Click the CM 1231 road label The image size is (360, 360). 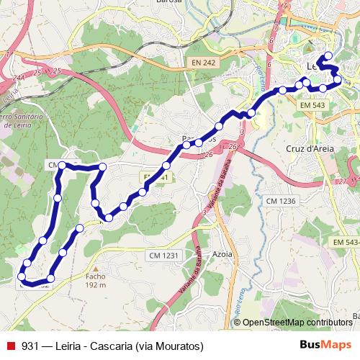point(164,256)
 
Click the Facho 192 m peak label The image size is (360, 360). point(96,280)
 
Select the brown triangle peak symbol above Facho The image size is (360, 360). point(95,266)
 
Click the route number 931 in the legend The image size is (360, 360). point(31,346)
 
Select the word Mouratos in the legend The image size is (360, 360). point(175,346)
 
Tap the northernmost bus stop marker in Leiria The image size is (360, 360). point(328,55)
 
